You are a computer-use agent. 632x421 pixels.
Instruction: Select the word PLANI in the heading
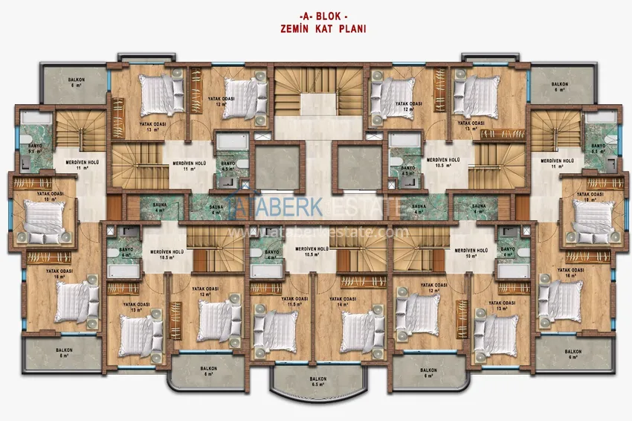pyautogui.click(x=351, y=30)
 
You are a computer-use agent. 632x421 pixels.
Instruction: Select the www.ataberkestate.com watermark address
pyautogui.click(x=318, y=232)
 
